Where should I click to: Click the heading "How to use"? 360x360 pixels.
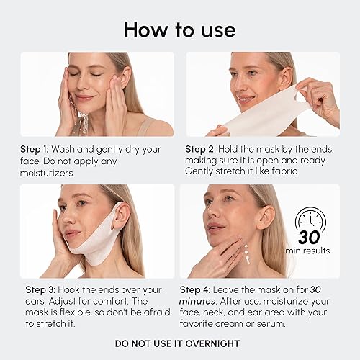[x=179, y=29]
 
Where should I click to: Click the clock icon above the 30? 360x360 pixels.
[x=311, y=219]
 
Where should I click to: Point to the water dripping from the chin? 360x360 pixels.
[x=84, y=122]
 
